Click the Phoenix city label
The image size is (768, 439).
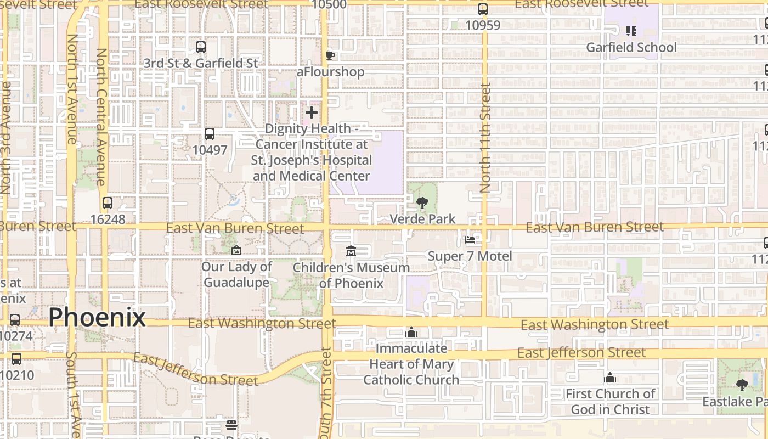pyautogui.click(x=97, y=318)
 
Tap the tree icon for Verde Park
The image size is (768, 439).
pyautogui.click(x=422, y=204)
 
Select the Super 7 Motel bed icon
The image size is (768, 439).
pyautogui.click(x=470, y=239)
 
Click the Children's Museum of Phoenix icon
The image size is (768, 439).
pyautogui.click(x=351, y=251)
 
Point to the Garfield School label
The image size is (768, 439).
pyautogui.click(x=631, y=47)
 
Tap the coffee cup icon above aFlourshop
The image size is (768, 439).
pyautogui.click(x=330, y=55)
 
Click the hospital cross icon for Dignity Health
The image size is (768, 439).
pyautogui.click(x=312, y=112)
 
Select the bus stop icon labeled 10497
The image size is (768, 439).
pyautogui.click(x=209, y=133)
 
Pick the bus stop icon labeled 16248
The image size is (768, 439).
pyautogui.click(x=108, y=203)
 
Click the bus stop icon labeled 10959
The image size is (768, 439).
pyautogui.click(x=483, y=9)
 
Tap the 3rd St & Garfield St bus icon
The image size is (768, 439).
pyautogui.click(x=201, y=47)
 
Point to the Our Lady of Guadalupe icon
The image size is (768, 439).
pyautogui.click(x=236, y=250)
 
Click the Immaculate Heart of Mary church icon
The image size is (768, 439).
pyautogui.click(x=411, y=332)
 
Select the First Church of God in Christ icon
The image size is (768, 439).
pyautogui.click(x=610, y=378)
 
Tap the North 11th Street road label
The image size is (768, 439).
pyautogui.click(x=485, y=137)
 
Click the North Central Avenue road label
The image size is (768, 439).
pyautogui.click(x=101, y=117)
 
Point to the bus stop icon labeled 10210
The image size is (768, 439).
pyautogui.click(x=16, y=359)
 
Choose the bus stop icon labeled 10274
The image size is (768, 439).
pyautogui.click(x=15, y=319)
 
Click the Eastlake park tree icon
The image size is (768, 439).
pyautogui.click(x=742, y=385)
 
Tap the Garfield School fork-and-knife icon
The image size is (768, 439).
pyautogui.click(x=631, y=31)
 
